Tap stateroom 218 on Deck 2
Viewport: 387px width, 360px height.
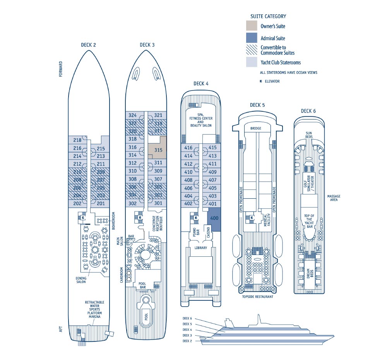pos(77,140)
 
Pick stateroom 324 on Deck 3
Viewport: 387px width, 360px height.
pos(133,115)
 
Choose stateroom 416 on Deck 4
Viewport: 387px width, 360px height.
pos(188,148)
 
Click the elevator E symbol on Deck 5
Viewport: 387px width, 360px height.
pos(252,218)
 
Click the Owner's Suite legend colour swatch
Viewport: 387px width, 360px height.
pos(252,26)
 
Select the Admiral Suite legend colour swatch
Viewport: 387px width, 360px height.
pos(252,38)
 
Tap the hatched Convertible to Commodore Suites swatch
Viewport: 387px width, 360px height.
pos(252,50)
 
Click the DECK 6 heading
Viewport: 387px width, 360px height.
pos(308,111)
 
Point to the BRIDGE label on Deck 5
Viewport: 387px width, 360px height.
pos(255,128)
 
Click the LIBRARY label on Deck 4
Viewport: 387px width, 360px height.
pos(200,248)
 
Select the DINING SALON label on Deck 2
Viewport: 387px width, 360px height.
pos(80,280)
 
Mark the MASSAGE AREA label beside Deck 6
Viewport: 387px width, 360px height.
pos(334,198)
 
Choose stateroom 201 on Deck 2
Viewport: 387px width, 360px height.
pos(101,204)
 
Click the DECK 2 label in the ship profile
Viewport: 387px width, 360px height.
pos(187,341)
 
